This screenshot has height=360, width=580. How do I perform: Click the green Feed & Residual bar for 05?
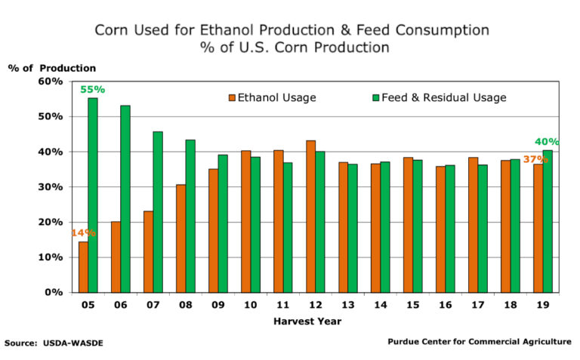pyautogui.click(x=93, y=195)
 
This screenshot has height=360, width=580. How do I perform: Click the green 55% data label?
pyautogui.click(x=93, y=90)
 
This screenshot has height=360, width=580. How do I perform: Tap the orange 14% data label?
pyautogui.click(x=83, y=233)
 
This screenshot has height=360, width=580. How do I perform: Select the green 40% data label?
pyautogui.click(x=547, y=142)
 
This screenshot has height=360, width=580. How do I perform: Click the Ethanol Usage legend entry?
pyautogui.click(x=272, y=98)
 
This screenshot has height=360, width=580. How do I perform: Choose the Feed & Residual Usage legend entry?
pyautogui.click(x=439, y=98)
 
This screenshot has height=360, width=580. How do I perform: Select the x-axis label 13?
pyautogui.click(x=347, y=307)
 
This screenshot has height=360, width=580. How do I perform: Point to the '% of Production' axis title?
pyautogui.click(x=52, y=68)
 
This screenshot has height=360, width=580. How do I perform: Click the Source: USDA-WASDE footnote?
pyautogui.click(x=54, y=343)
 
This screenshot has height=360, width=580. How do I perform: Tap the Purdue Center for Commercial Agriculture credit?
pyautogui.click(x=480, y=342)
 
